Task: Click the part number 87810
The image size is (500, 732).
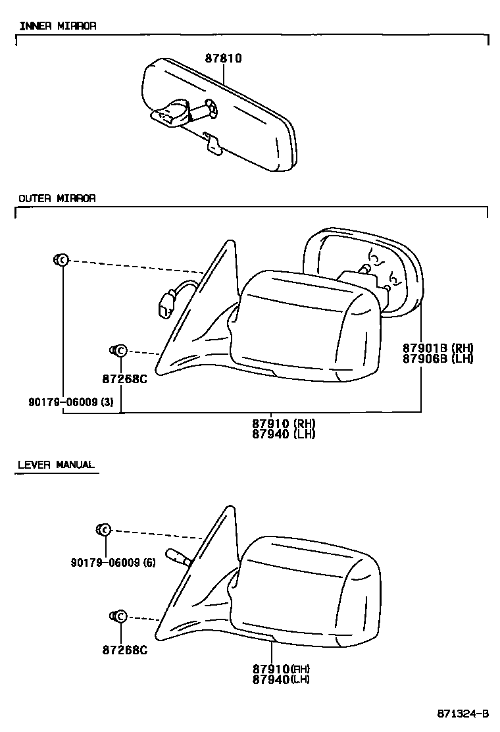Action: point(223,59)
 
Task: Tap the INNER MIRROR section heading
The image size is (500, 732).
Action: point(57,26)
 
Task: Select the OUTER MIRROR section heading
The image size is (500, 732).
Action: point(57,198)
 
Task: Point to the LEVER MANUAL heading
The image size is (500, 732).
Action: point(57,465)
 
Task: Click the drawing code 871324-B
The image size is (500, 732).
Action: point(463,714)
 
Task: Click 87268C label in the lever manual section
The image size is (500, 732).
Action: point(124,650)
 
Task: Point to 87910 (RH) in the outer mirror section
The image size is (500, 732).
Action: point(284,424)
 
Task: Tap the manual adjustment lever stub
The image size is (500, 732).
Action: point(178,558)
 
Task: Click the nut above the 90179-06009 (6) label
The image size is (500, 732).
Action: point(104,529)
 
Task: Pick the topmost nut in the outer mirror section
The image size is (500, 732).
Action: point(60,260)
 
